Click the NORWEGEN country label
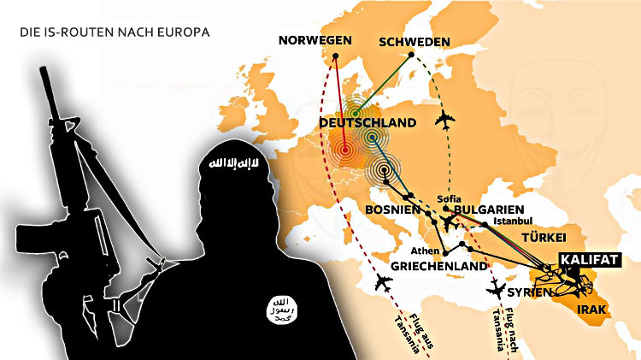(315, 41)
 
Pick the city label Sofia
(449, 198)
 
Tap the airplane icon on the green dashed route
(444, 120)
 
